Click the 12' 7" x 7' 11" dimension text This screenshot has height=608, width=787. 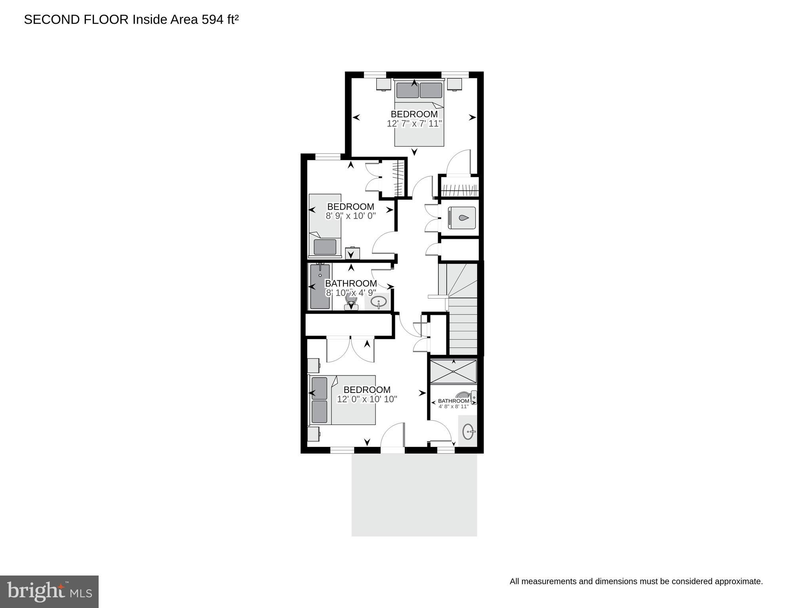tap(414, 124)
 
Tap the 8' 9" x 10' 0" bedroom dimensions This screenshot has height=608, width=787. tap(351, 216)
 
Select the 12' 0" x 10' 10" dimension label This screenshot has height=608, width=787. tap(367, 399)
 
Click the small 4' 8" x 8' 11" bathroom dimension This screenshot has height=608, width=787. tap(454, 406)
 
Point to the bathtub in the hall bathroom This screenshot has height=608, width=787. tap(320, 286)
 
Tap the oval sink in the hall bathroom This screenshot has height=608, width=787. tap(379, 302)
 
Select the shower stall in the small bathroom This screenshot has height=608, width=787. tap(454, 371)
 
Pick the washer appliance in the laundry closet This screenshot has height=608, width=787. tap(461, 218)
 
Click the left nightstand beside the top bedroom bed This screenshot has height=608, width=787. tap(383, 84)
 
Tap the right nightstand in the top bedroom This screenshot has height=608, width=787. tap(455, 84)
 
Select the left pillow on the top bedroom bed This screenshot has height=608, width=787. tap(407, 90)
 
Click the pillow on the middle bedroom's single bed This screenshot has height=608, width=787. tap(325, 247)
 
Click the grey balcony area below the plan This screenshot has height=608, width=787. tap(414, 495)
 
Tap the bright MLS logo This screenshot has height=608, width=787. tap(49, 592)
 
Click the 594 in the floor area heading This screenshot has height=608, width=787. tap(213, 19)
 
